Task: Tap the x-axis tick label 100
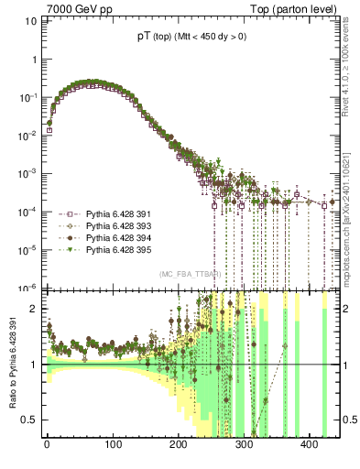click(x=113, y=444)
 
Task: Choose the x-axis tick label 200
click(x=179, y=444)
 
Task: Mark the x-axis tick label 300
click(x=244, y=444)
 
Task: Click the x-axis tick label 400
click(x=310, y=444)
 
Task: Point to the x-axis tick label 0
click(x=47, y=444)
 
